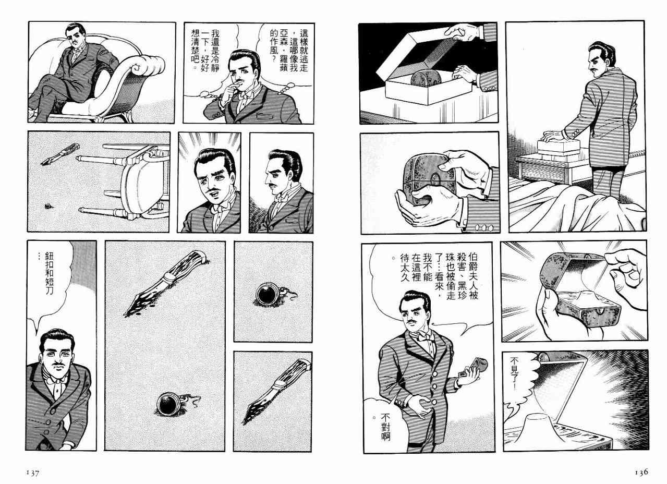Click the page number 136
(641, 472)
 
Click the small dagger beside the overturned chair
(60, 154)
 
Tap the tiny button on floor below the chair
(48, 206)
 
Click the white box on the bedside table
(559, 148)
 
